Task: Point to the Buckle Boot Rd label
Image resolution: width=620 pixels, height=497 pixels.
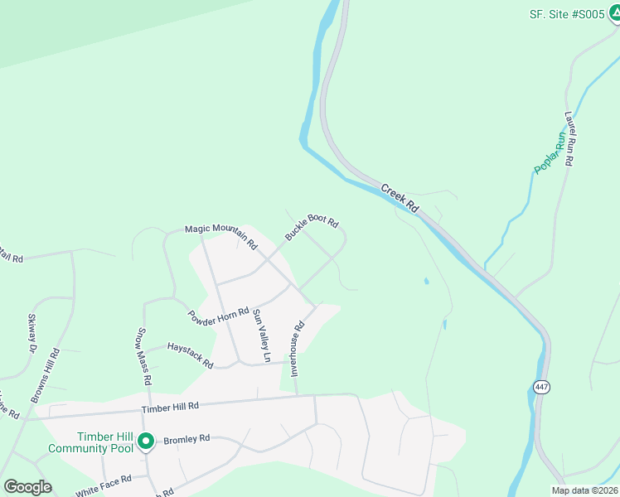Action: click(312, 227)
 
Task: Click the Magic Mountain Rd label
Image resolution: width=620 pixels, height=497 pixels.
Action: click(221, 237)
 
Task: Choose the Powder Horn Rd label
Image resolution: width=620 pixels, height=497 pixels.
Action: click(219, 316)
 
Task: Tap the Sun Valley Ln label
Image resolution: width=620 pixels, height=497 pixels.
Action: click(261, 335)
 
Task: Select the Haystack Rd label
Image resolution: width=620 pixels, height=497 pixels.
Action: click(191, 355)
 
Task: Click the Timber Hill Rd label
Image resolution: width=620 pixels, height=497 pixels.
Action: click(171, 407)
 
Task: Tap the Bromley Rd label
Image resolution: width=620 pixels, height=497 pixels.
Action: click(187, 439)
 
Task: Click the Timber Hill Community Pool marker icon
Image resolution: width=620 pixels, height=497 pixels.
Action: click(146, 442)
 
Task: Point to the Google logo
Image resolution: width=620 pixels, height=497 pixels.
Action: click(27, 487)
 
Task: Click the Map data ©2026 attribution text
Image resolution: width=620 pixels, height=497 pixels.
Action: click(584, 490)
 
